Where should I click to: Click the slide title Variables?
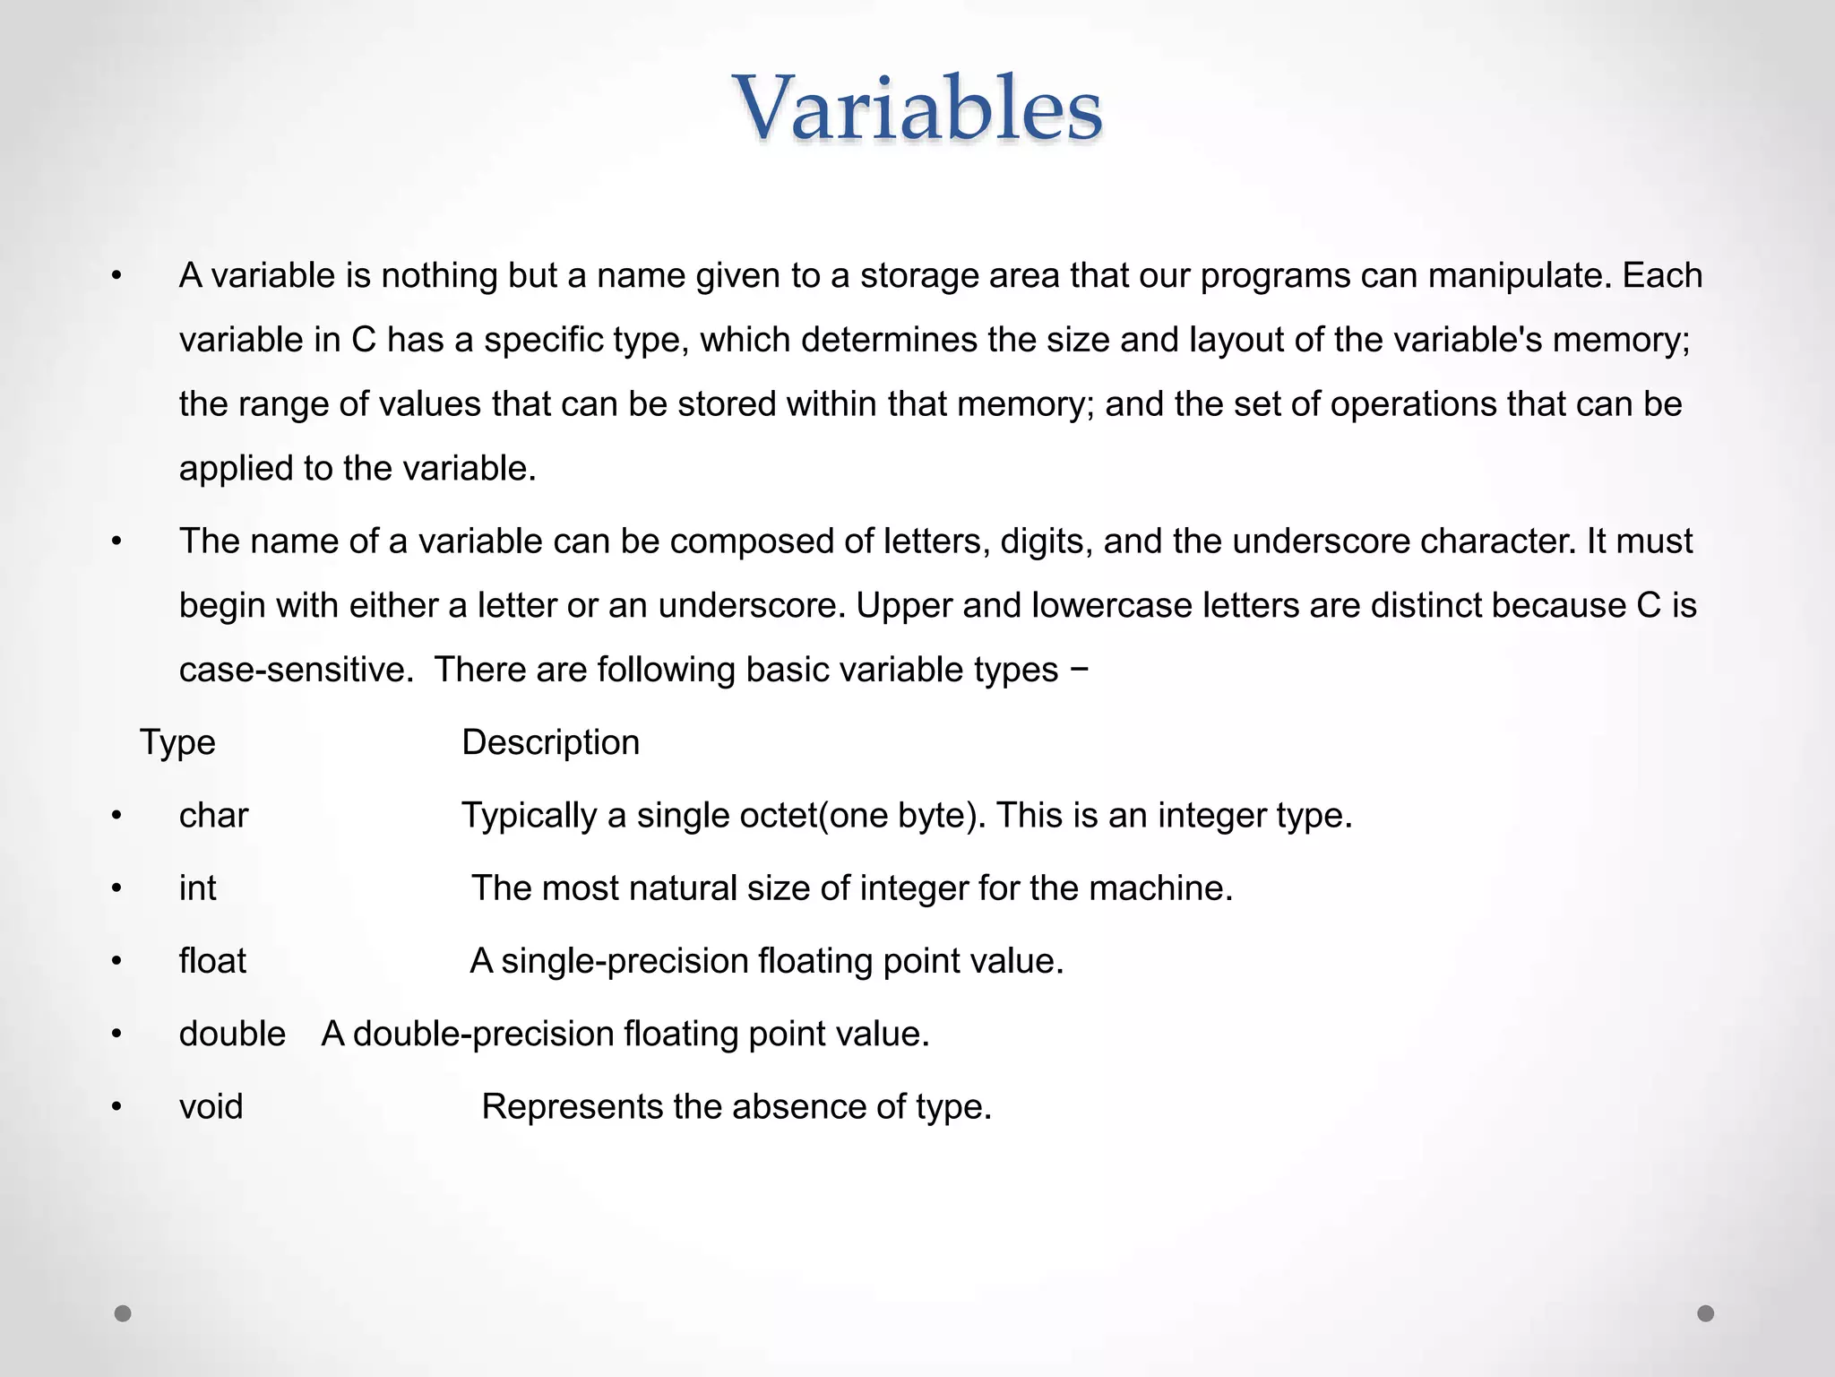(x=918, y=109)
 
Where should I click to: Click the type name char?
(x=213, y=816)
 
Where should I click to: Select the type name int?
(x=197, y=888)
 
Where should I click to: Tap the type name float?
(x=212, y=961)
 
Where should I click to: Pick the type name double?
(x=232, y=1034)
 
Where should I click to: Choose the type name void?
(x=211, y=1107)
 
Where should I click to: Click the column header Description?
(x=550, y=742)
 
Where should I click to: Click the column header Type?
(x=177, y=742)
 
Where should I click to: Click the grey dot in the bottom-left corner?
(x=123, y=1313)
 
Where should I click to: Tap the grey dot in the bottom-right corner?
(x=1706, y=1313)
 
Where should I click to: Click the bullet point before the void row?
(x=116, y=1107)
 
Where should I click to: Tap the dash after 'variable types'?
(x=1080, y=670)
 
